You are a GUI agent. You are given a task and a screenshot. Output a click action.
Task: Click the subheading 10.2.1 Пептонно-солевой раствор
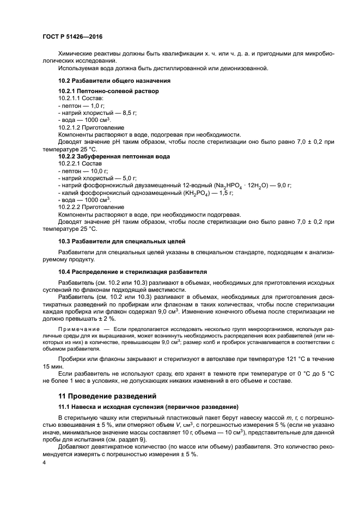108,91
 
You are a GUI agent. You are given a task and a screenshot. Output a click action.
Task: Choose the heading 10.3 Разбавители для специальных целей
122,241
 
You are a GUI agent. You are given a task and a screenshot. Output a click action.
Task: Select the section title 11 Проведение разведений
111,396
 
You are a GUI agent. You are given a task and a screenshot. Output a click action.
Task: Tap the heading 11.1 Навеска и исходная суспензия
148,407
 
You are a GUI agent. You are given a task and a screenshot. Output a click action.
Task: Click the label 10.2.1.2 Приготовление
88,127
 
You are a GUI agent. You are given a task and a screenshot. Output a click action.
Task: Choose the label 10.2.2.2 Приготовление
88,207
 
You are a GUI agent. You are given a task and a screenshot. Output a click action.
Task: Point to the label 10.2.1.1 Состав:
80,98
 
